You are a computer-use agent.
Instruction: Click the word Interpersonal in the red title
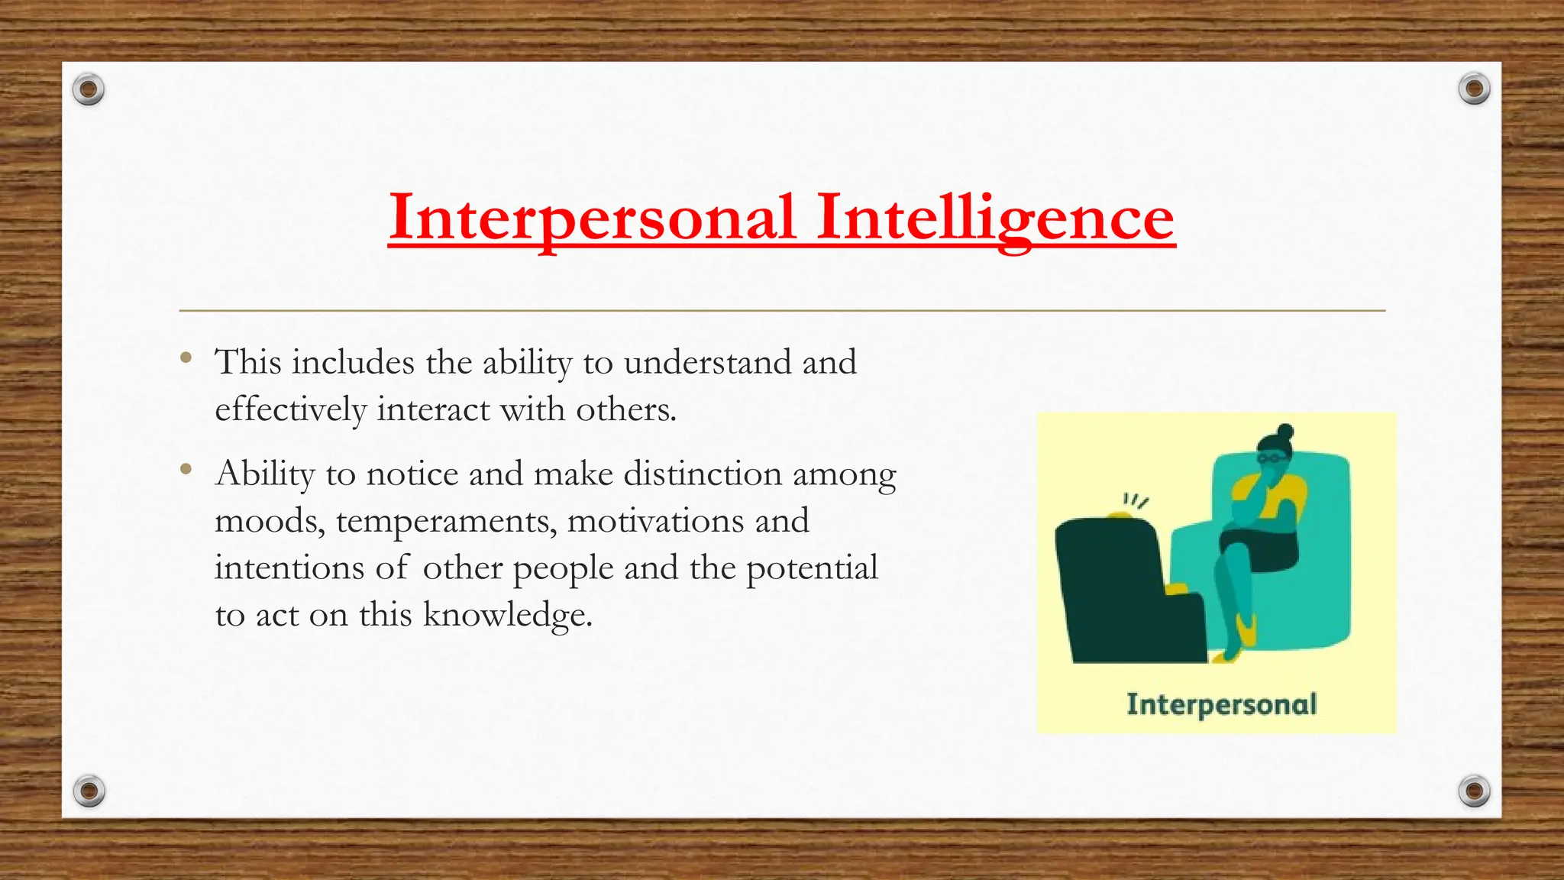[593, 218]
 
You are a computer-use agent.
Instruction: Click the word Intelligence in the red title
[995, 218]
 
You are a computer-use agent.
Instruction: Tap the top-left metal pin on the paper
[89, 90]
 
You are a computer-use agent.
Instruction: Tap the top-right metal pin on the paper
[1474, 89]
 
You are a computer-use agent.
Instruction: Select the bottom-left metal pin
[89, 791]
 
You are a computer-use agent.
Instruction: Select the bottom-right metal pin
[1474, 791]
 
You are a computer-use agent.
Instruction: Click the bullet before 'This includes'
[186, 357]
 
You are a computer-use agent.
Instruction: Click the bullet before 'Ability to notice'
[186, 469]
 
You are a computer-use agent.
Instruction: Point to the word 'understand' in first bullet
[707, 362]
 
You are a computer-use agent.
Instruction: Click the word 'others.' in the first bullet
[626, 410]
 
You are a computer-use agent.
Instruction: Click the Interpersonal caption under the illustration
[1221, 704]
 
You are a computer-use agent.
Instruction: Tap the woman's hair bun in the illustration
[1286, 432]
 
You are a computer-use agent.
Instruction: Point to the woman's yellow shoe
[1246, 630]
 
